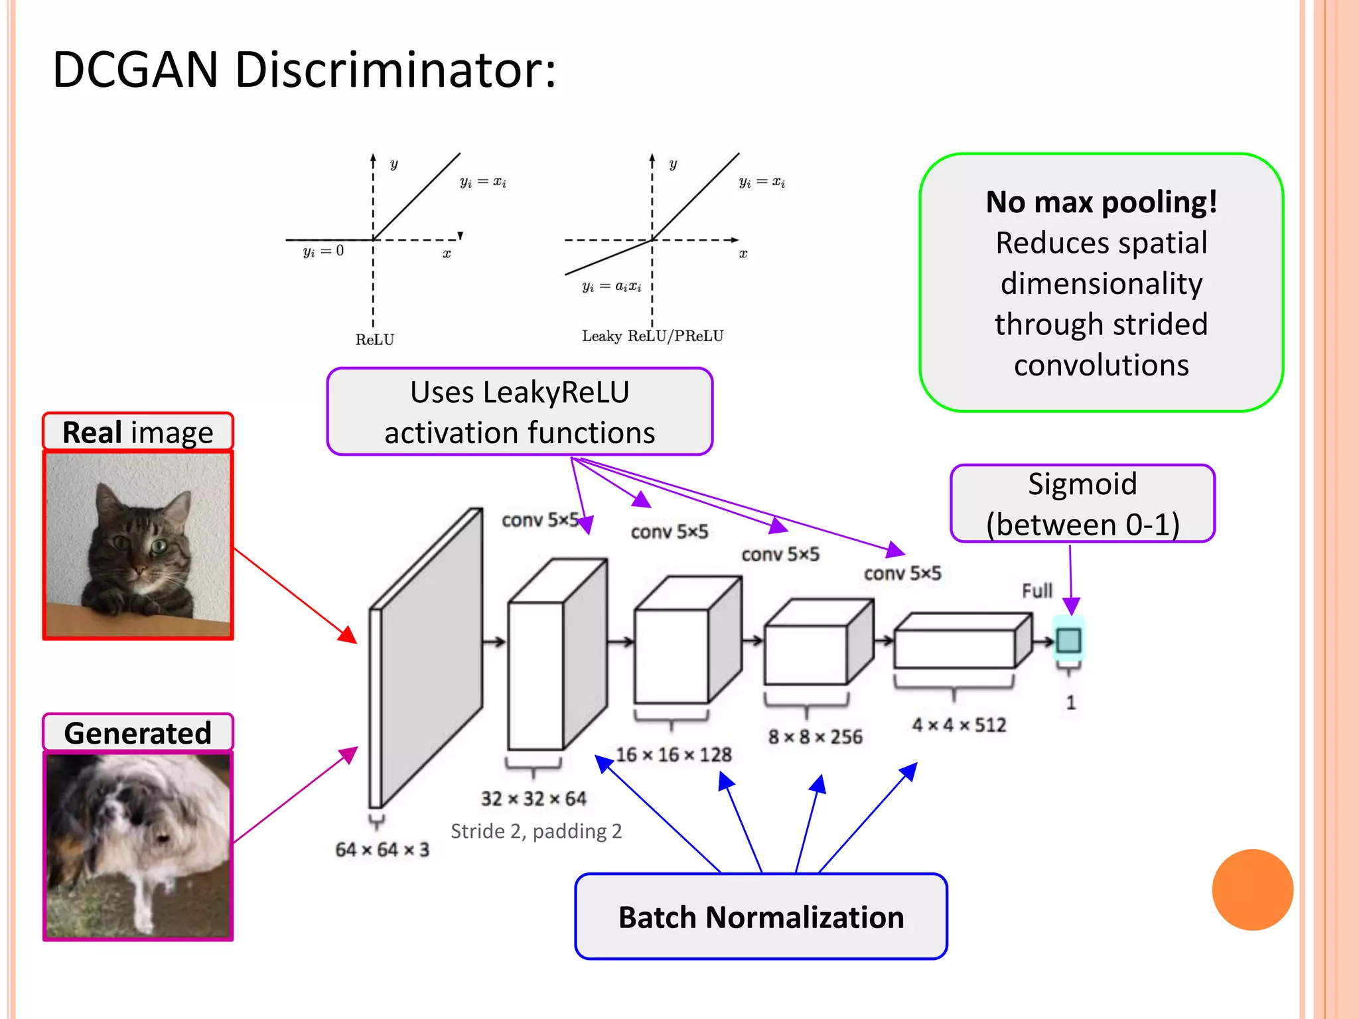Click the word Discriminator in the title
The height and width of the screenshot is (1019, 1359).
coord(395,70)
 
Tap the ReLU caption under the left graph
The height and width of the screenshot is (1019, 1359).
coord(375,340)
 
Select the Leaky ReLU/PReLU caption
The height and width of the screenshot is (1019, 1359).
coord(652,336)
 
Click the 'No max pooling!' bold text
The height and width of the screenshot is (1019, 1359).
coord(1101,202)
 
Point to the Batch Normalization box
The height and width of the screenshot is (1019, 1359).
coord(761,917)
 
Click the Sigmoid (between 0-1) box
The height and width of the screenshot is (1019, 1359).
coord(1082,504)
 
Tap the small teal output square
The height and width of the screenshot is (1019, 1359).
coord(1068,640)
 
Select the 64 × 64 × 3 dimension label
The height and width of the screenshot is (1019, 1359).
coord(382,849)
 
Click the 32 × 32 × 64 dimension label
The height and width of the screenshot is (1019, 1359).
coord(534,798)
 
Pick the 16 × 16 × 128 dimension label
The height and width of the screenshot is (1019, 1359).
coord(674,754)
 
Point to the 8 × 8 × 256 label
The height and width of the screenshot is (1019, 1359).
coord(815,736)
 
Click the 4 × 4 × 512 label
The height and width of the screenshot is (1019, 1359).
coord(959,724)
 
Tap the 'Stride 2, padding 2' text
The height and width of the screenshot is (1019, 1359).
coord(536,831)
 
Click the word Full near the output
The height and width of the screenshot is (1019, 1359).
coord(1037,590)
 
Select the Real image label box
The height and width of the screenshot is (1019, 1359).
coord(138,433)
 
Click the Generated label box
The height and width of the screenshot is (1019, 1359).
coord(138,733)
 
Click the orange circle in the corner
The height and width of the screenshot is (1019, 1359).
coord(1252,890)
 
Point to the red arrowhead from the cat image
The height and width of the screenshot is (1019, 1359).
coord(348,636)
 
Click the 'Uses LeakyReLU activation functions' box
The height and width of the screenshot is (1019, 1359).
coord(520,412)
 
